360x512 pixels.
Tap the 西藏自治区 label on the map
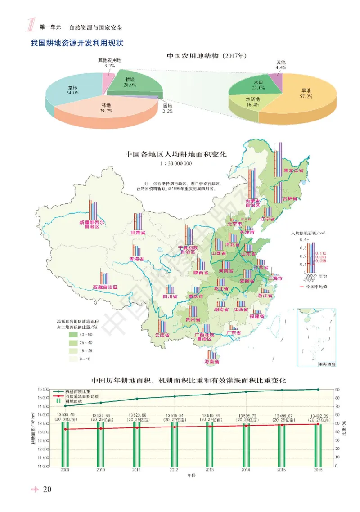(105, 287)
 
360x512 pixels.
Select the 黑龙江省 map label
(293, 171)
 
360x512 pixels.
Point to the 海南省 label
(211, 362)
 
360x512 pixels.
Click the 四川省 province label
(170, 297)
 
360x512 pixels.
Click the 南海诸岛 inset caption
(326, 363)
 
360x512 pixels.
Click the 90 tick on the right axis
(337, 390)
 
